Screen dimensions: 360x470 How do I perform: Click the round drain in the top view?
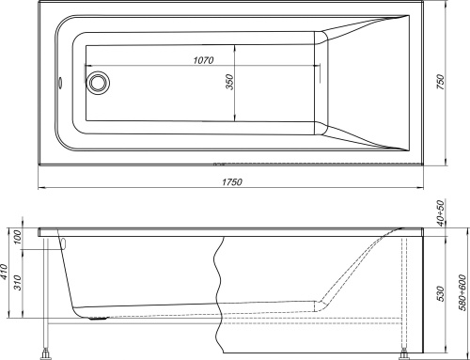coord(98,83)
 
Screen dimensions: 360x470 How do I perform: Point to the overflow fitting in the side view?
coord(62,242)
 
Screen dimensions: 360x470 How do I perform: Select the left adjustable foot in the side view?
coord(43,353)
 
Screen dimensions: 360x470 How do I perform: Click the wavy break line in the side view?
coord(222,282)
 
